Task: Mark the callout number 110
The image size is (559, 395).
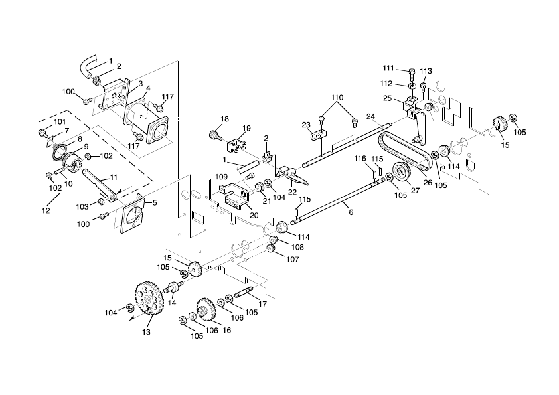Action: [338, 98]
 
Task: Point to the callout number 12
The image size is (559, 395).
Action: [44, 210]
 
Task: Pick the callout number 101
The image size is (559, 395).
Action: [60, 121]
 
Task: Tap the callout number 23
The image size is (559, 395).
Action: [306, 125]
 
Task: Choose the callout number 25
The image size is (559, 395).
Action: [387, 98]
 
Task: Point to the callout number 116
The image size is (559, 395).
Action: [360, 158]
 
